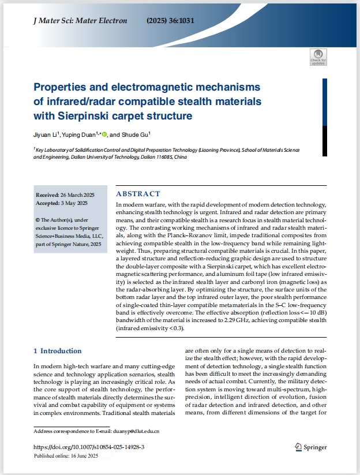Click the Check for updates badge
pyautogui.click(x=318, y=57)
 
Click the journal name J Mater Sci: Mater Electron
pyautogui.click(x=81, y=21)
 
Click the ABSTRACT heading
pyautogui.click(x=138, y=194)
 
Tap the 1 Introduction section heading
pyautogui.click(x=57, y=351)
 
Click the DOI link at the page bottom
pyautogui.click(x=89, y=447)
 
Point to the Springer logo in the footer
pyautogui.click(x=311, y=447)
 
